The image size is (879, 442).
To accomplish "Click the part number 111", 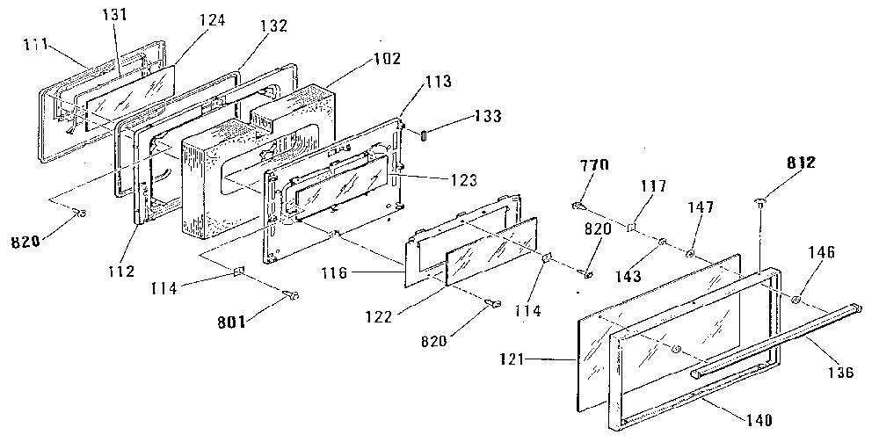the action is click(35, 44).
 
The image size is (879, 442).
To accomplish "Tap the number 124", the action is click(212, 20).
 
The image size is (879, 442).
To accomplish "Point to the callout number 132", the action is click(273, 25).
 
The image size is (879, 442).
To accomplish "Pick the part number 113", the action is click(437, 81).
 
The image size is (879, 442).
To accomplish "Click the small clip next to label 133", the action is click(424, 135).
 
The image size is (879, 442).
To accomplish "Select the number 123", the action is click(463, 180).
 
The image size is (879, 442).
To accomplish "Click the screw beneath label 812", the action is click(760, 203).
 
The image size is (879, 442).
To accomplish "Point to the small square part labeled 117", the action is click(630, 227).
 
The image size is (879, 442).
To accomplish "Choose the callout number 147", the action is click(701, 207).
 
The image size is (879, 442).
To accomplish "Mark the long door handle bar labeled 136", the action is click(774, 338).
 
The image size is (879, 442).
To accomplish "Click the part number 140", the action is click(758, 419).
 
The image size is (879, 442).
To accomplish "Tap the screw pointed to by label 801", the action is click(292, 294).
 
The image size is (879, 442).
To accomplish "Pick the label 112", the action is click(122, 272).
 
